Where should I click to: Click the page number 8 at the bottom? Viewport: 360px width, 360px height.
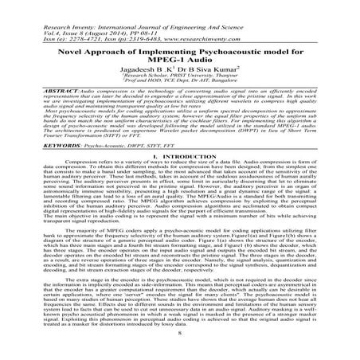180,350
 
